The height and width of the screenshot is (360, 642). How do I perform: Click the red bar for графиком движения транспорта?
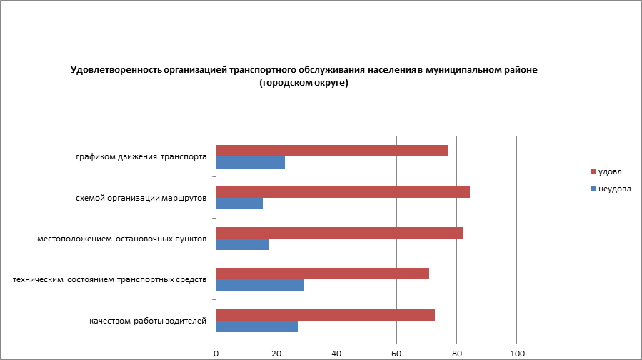[x=331, y=151]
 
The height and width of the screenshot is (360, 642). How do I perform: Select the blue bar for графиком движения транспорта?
[x=250, y=162]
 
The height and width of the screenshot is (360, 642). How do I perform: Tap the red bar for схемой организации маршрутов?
[x=343, y=191]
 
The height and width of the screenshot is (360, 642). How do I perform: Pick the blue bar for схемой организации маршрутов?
[x=239, y=204]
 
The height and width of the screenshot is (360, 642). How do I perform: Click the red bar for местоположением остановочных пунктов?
[x=339, y=233]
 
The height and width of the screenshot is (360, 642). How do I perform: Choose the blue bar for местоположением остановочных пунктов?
[x=242, y=244]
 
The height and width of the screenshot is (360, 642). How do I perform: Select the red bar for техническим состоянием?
[x=322, y=274]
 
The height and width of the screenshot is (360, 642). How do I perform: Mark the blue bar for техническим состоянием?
[x=259, y=286]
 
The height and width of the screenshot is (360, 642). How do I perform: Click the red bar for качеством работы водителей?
[x=325, y=315]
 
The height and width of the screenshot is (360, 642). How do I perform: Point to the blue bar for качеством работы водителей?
[x=256, y=326]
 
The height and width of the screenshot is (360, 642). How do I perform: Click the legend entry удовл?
[x=609, y=172]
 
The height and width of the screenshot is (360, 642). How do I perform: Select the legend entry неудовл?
[x=613, y=188]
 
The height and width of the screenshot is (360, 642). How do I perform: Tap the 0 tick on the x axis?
[x=216, y=353]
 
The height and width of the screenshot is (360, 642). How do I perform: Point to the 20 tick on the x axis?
[x=276, y=353]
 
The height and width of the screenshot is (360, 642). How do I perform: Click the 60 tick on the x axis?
[x=396, y=353]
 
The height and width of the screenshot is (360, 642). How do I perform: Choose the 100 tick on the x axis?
[x=517, y=353]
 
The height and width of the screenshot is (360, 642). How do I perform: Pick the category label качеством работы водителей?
[x=148, y=321]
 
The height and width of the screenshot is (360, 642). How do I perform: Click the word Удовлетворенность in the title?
[x=116, y=70]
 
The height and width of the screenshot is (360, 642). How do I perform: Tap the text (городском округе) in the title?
[x=304, y=83]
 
